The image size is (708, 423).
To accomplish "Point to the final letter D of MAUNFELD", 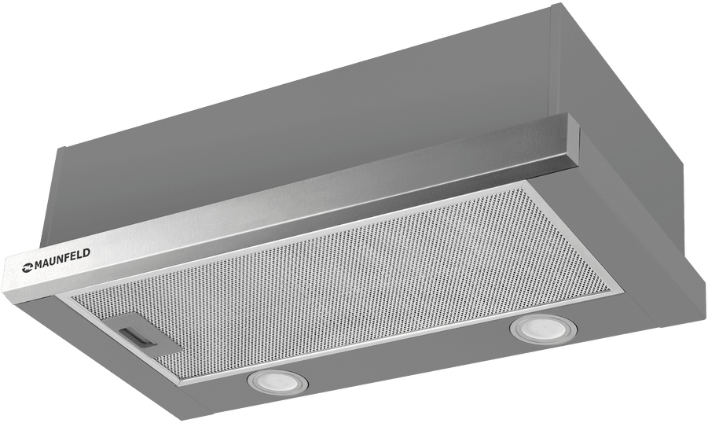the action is click(x=86, y=252).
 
